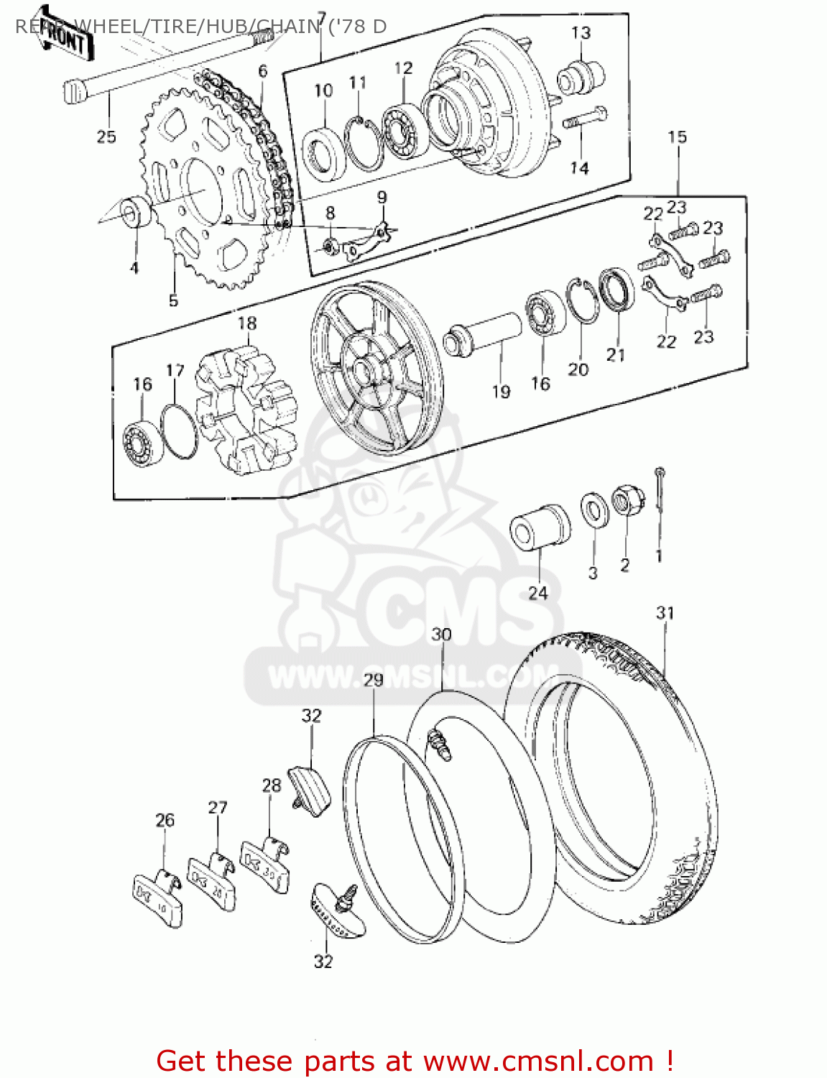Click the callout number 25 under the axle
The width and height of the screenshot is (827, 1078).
106,137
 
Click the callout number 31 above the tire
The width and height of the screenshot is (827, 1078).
665,613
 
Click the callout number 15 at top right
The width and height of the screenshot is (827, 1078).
678,137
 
